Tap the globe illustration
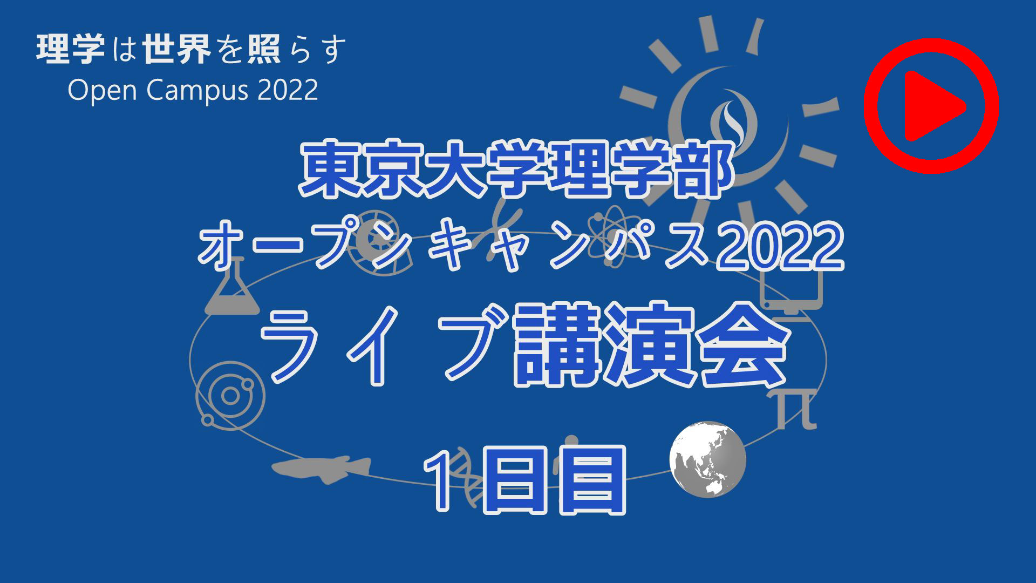(708, 459)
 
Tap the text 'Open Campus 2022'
(193, 90)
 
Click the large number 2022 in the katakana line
(779, 246)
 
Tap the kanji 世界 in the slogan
(177, 49)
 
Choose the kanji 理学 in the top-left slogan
(71, 49)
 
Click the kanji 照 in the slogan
(264, 49)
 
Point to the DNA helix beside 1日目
(467, 475)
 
